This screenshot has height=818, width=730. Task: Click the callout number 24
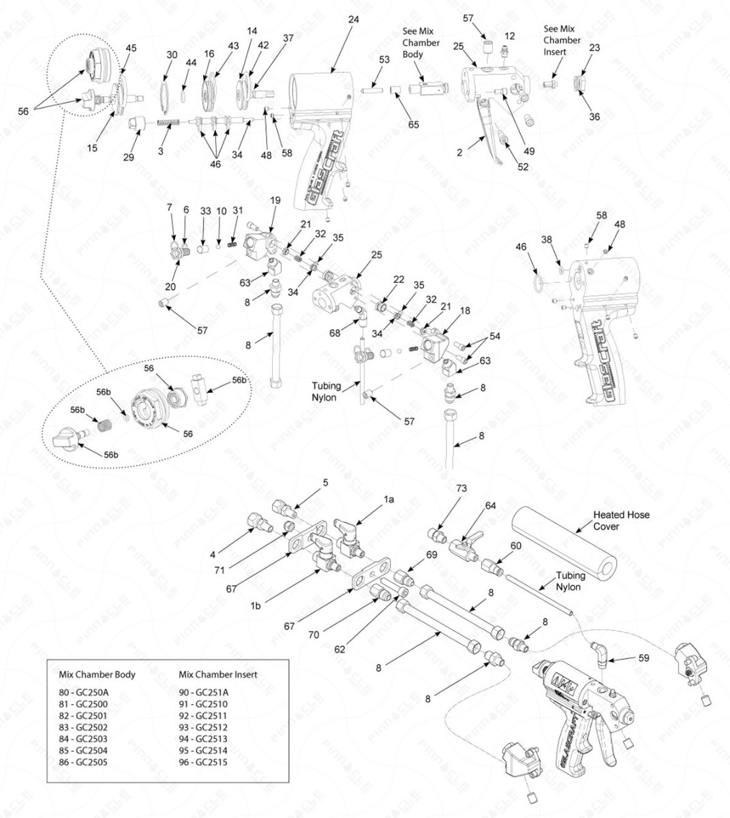tap(352, 19)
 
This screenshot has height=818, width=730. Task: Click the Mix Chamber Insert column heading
tap(217, 674)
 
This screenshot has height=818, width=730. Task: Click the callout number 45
tap(131, 48)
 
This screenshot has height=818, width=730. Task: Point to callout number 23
tap(594, 48)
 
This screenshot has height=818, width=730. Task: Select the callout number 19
tap(275, 200)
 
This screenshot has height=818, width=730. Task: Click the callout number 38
tap(547, 240)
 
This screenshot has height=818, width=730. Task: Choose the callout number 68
tap(334, 334)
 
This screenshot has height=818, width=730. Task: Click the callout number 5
tap(325, 483)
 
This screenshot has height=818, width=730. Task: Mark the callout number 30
tap(172, 55)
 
